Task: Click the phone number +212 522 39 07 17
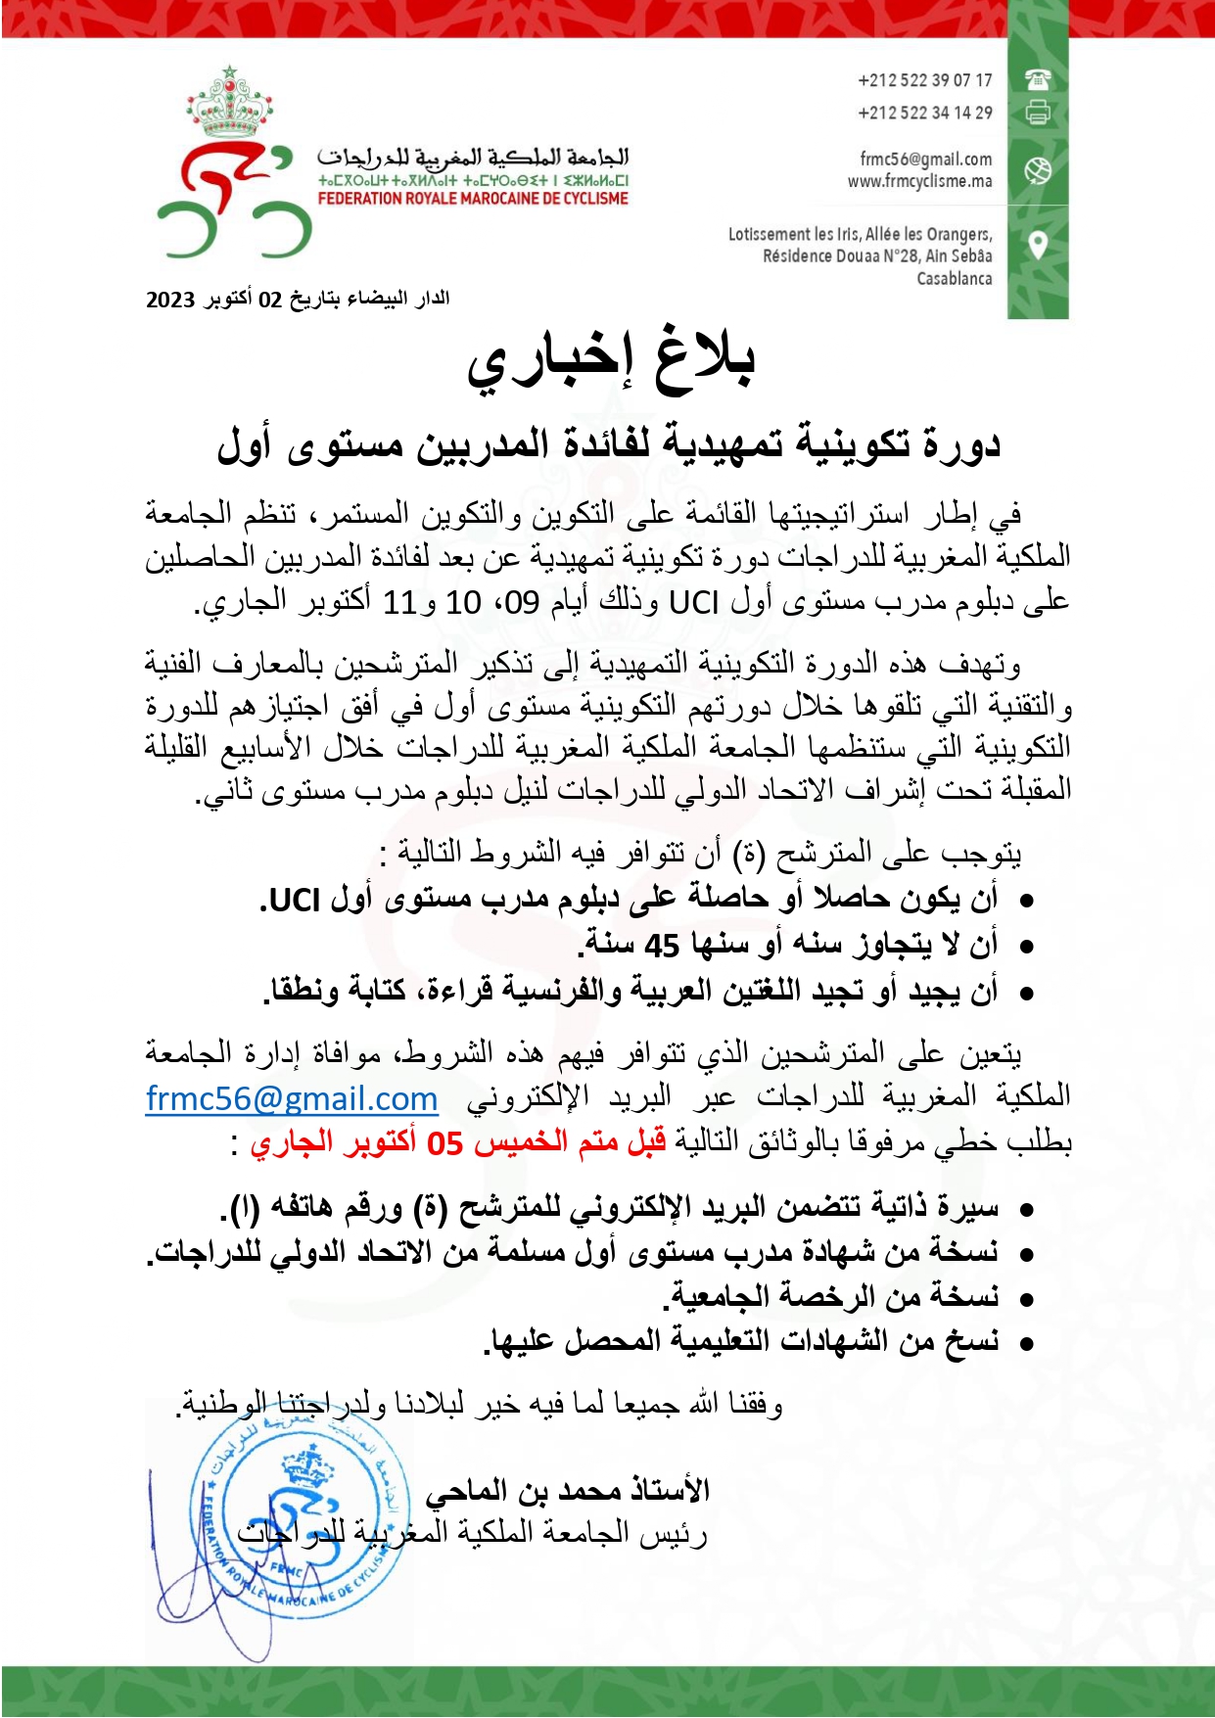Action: click(x=924, y=80)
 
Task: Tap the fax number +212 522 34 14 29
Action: click(x=924, y=113)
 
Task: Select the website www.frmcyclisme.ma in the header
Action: click(x=919, y=181)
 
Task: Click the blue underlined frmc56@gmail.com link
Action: click(x=292, y=1098)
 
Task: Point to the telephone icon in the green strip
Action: click(x=1038, y=79)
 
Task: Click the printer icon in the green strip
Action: click(x=1038, y=113)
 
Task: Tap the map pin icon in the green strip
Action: click(x=1038, y=244)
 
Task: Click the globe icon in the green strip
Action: click(x=1038, y=170)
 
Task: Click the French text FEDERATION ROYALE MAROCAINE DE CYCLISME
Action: click(x=473, y=199)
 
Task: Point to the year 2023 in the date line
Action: click(x=170, y=300)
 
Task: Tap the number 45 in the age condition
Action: click(x=662, y=946)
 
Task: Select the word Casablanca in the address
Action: click(x=954, y=279)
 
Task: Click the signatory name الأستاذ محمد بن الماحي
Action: click(x=567, y=1491)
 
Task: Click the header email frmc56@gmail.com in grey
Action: click(x=925, y=159)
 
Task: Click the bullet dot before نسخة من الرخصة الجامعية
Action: click(x=1026, y=1300)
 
